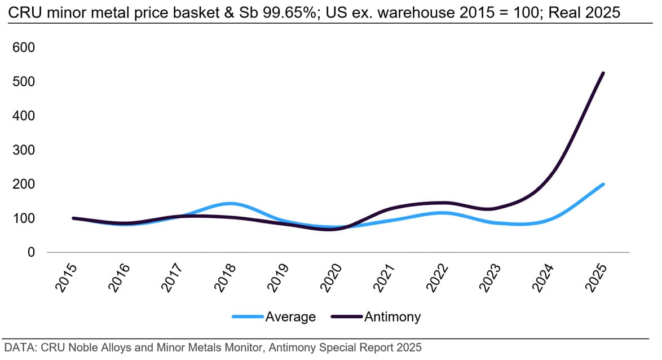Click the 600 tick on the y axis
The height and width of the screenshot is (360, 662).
[24, 47]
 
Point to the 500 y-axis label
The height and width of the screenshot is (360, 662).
[24, 82]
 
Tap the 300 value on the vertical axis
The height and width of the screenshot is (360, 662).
[24, 150]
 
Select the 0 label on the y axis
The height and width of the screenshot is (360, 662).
[32, 252]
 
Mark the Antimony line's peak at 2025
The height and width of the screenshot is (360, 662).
[603, 73]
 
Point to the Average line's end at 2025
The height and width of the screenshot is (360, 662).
[603, 184]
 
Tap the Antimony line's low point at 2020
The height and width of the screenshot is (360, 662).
[329, 229]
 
